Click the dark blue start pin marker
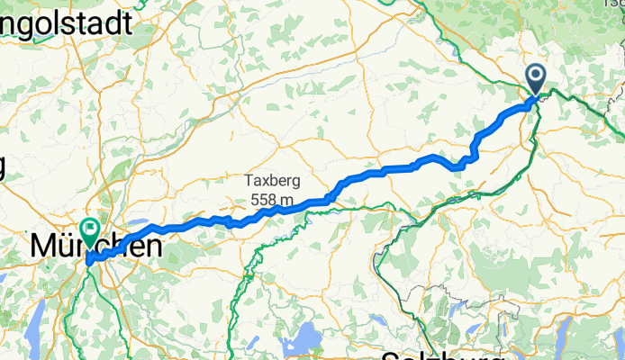click(536, 80)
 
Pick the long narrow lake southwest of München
click(34, 340)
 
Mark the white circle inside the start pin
click(536, 76)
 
